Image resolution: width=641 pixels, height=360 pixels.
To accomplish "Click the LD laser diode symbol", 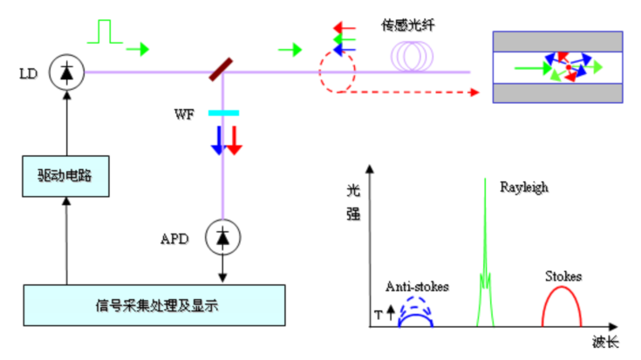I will tap(65, 73).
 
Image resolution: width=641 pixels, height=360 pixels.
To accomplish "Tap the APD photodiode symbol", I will tap(223, 235).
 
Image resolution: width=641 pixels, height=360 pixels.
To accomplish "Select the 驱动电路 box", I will tap(66, 179).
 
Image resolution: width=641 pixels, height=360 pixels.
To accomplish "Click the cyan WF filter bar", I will tap(224, 113).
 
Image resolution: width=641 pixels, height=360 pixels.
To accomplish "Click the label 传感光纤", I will tap(407, 25).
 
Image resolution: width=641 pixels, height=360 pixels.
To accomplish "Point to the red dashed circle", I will tap(335, 73).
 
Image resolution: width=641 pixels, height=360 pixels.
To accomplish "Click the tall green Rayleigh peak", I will tap(485, 253).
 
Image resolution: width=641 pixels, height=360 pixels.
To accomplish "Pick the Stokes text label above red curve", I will tap(563, 276).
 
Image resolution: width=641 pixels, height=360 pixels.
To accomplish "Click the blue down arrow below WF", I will tap(217, 139).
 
